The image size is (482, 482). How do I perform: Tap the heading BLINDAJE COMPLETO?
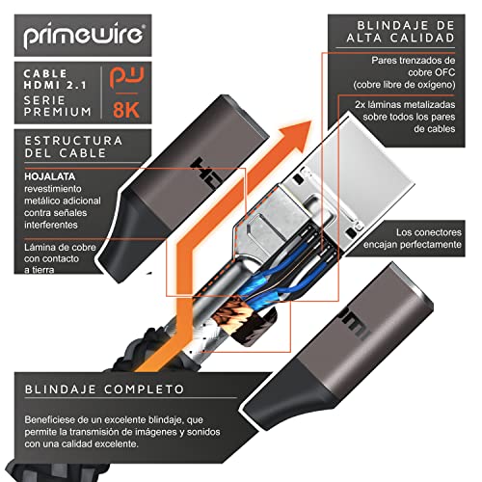[x=101, y=390]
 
